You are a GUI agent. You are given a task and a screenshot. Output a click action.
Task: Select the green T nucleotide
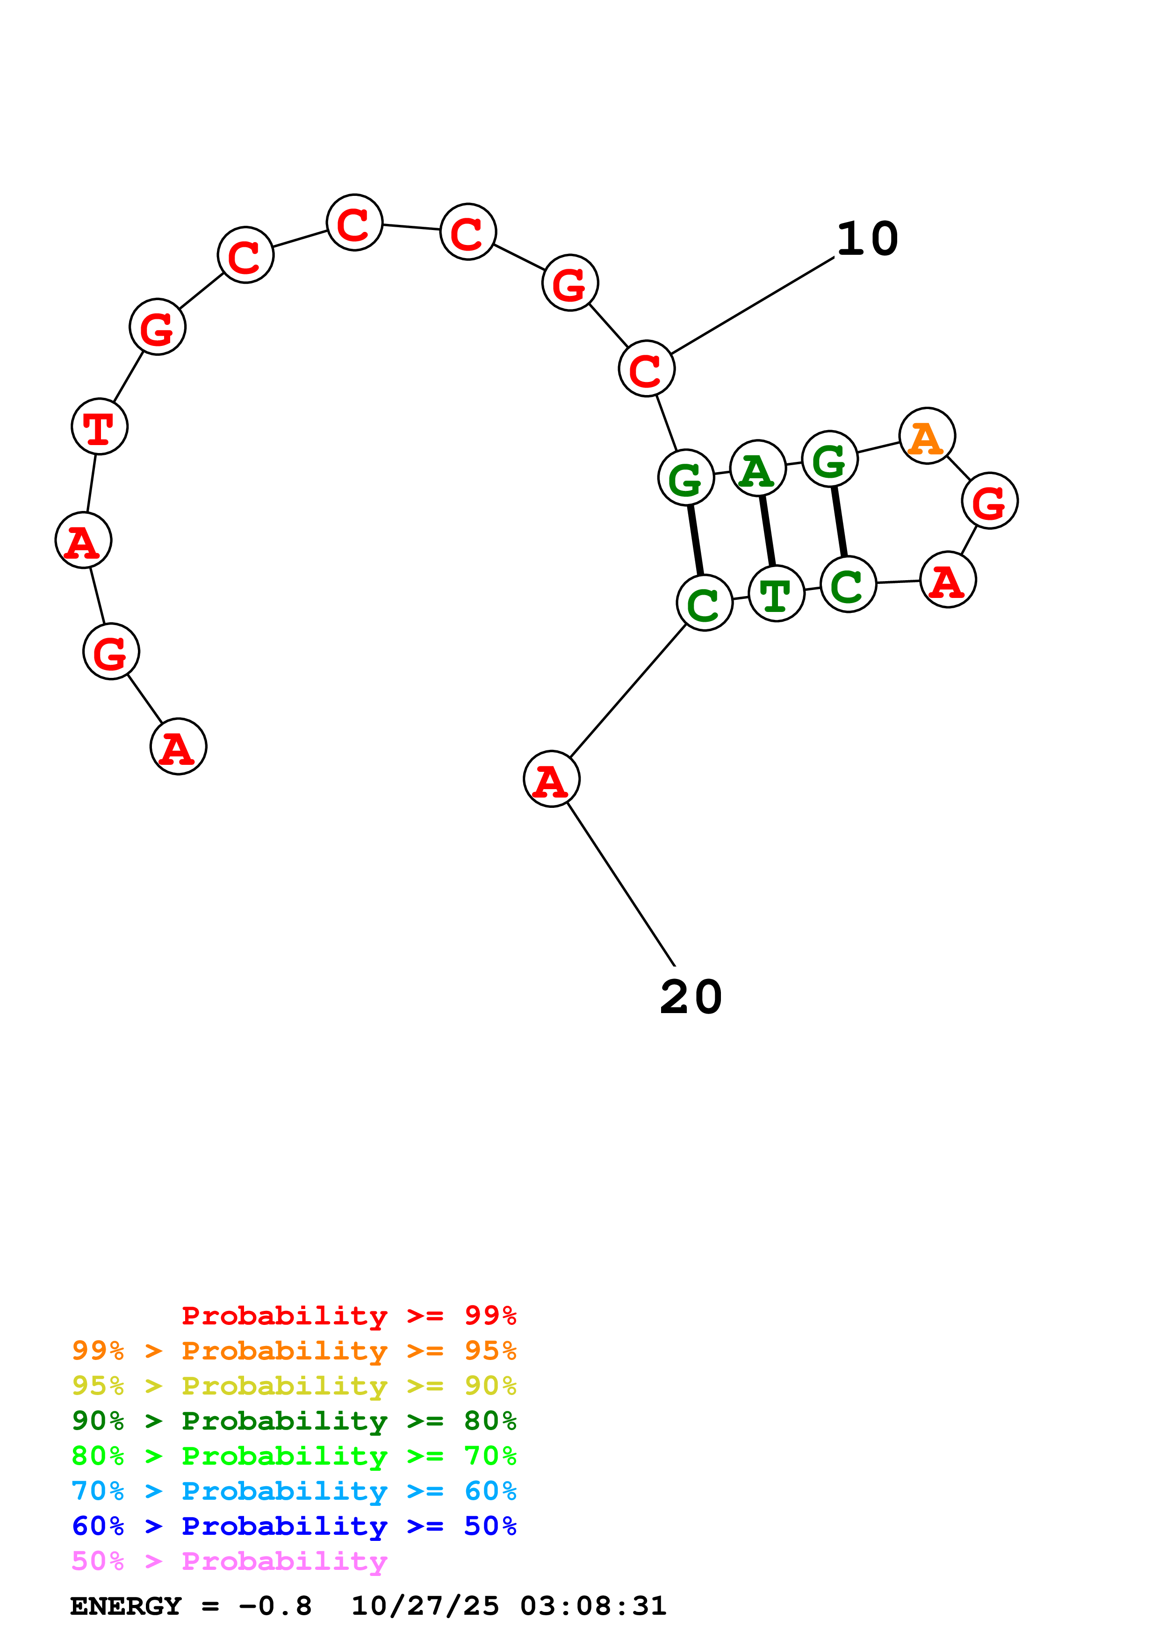[776, 594]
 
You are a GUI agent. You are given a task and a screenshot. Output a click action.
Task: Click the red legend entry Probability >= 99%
[348, 1315]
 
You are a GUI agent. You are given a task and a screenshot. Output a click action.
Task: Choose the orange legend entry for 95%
[294, 1351]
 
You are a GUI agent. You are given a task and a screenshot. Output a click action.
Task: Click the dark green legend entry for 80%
[294, 1421]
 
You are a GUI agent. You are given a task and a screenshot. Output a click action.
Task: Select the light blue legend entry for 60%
[294, 1491]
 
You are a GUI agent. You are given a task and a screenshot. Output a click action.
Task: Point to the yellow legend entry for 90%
[294, 1386]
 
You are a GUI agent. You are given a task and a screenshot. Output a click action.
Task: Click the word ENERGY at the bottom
[126, 1606]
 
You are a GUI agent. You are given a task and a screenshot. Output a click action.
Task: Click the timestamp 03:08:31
[593, 1606]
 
